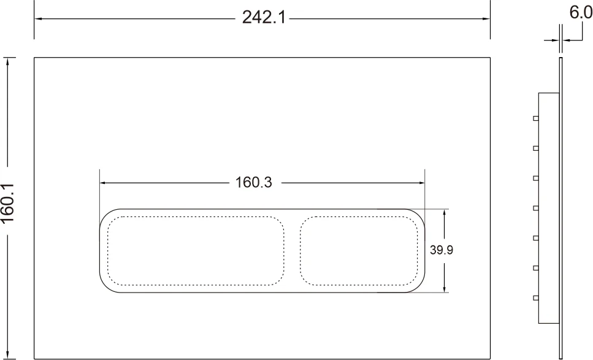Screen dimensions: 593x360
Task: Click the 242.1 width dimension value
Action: click(x=264, y=17)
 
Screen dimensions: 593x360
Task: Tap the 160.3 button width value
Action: click(x=253, y=182)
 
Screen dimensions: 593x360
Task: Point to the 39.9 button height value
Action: click(x=442, y=250)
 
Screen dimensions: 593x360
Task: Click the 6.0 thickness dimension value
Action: click(x=581, y=12)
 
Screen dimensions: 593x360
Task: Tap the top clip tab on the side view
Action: click(x=536, y=118)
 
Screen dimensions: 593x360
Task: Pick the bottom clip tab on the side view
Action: click(x=536, y=298)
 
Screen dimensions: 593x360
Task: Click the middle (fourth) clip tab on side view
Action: click(x=536, y=208)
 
